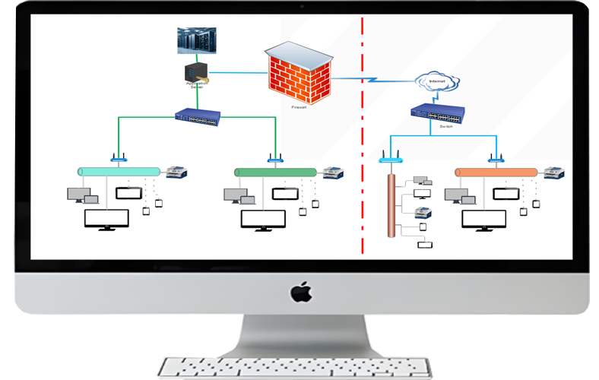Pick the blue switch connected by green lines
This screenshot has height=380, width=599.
[197, 117]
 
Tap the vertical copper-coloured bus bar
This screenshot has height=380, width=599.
[391, 205]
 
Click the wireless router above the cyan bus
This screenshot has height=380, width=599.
[117, 159]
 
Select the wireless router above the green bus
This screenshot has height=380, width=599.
[275, 159]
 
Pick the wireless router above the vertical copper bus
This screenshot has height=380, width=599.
[390, 159]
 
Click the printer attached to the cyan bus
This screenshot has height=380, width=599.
[177, 172]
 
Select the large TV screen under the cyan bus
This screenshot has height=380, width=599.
[106, 219]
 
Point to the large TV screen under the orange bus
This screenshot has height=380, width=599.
[484, 219]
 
